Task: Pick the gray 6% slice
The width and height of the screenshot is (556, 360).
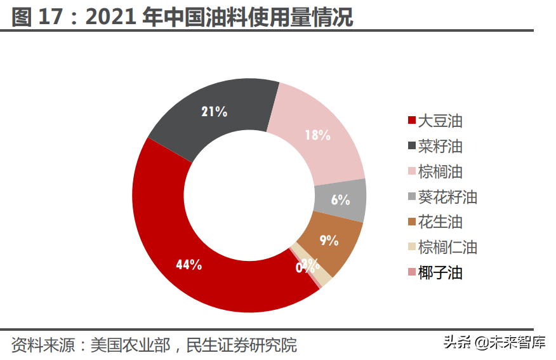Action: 341,199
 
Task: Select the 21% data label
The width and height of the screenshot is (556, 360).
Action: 214,112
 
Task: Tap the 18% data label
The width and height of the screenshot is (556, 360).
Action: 317,135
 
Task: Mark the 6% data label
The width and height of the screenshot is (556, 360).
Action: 340,200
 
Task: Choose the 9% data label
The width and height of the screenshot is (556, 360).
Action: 329,241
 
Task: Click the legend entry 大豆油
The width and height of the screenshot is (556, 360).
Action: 440,121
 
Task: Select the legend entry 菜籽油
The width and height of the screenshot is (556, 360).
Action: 440,146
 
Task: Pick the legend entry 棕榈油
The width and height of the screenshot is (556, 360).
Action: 440,171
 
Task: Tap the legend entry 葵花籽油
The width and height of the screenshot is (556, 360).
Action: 447,197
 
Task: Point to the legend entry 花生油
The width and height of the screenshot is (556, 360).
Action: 440,222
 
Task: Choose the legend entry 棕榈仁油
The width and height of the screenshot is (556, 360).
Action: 447,248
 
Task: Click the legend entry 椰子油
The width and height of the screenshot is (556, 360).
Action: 440,273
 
